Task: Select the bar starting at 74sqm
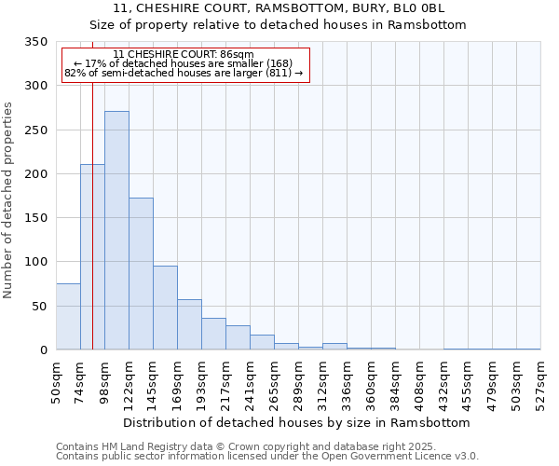(x=92, y=257)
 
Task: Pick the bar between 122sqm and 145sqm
(x=141, y=274)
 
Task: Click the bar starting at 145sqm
(x=165, y=308)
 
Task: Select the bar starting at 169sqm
(x=189, y=324)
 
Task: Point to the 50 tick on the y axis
(x=39, y=307)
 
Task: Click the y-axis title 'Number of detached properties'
(x=9, y=200)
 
